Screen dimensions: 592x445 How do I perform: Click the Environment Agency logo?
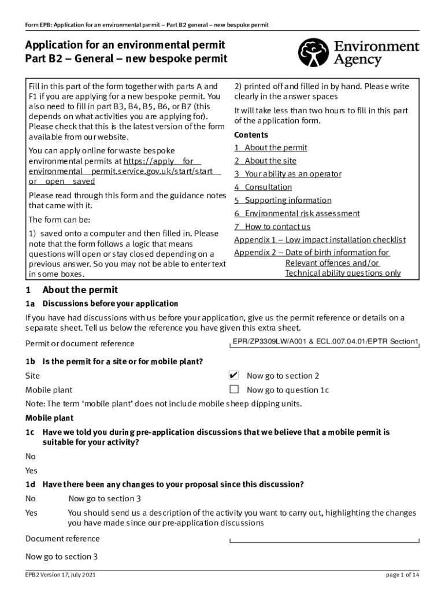coord(358,53)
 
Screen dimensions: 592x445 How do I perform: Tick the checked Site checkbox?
coord(234,375)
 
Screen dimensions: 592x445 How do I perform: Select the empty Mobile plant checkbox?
coord(234,389)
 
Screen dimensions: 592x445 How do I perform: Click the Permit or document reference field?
coord(325,342)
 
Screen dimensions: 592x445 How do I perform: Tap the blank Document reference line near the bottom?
coord(325,540)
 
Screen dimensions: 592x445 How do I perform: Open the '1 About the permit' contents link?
coord(270,148)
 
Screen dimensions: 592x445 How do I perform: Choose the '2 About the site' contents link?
coord(265,161)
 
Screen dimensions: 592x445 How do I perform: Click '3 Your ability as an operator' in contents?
coord(288,174)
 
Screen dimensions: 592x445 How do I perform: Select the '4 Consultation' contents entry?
coord(263,187)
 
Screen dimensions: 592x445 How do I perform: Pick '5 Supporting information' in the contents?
coord(283,201)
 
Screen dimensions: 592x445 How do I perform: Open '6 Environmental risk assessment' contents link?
coord(297,213)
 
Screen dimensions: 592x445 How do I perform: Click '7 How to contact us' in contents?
coord(272,227)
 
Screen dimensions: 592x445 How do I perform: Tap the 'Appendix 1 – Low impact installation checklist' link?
coord(320,240)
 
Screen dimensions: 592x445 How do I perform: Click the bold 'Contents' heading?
coord(251,135)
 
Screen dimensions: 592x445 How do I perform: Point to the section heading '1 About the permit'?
coord(72,290)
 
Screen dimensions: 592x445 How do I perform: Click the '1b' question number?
coord(31,362)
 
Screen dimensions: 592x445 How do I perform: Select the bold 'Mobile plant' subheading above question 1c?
coord(49,418)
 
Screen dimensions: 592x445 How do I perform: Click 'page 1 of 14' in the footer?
coord(402,575)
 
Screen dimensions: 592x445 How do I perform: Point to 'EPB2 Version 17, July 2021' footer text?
coord(60,575)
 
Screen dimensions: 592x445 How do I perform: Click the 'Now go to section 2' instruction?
coord(283,376)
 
